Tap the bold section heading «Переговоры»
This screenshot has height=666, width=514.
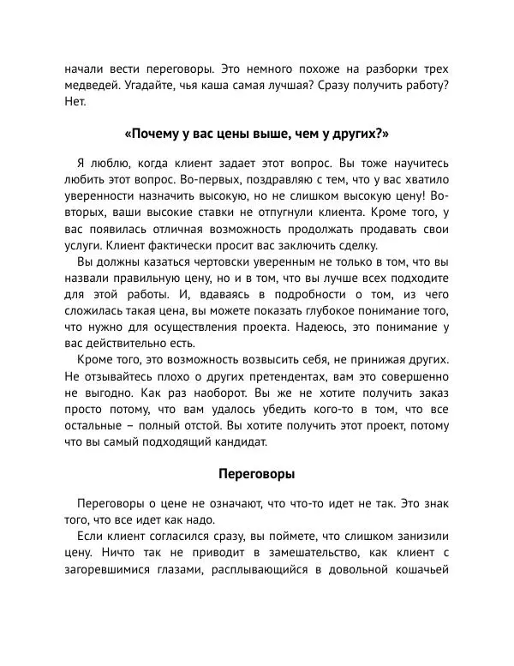coord(257,471)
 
